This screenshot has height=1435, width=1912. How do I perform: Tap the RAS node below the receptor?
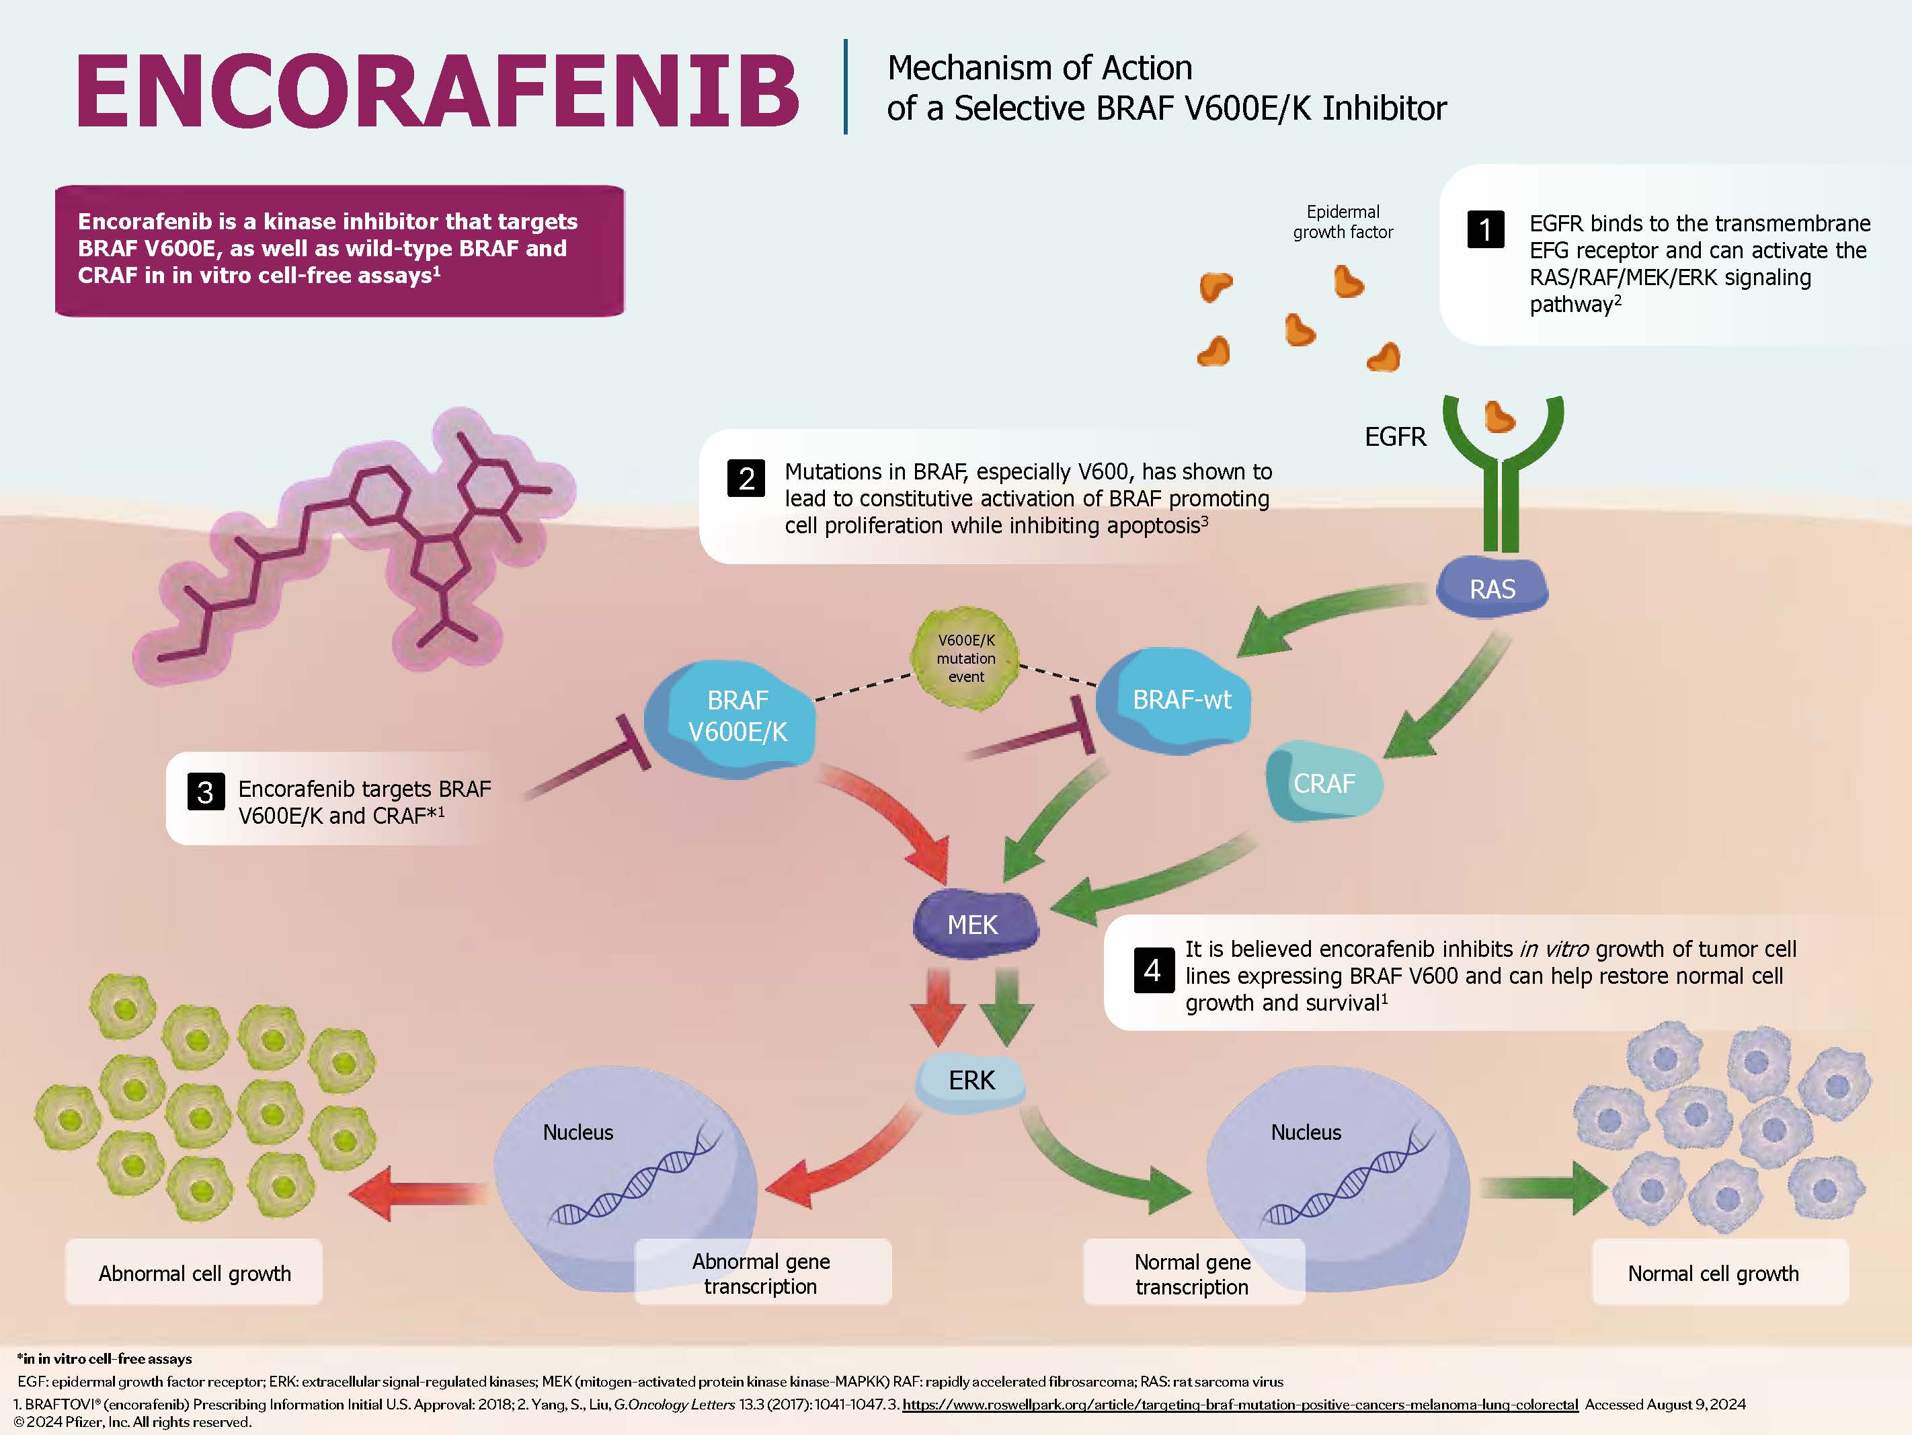tap(1492, 588)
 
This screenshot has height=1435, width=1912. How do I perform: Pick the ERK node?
tap(971, 1081)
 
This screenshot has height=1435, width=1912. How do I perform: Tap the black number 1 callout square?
tap(1485, 230)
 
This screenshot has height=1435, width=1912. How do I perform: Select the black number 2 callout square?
tap(746, 478)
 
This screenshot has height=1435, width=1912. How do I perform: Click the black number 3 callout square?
tap(206, 792)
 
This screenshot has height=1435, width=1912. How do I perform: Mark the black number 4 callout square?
tap(1152, 970)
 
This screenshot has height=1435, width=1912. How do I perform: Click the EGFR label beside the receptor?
tap(1394, 437)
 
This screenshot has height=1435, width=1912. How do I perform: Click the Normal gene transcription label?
tap(1192, 1274)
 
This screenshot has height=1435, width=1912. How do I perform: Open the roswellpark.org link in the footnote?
tap(1240, 1405)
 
